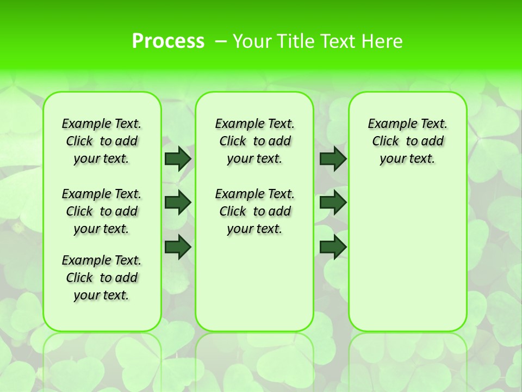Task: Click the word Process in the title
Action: (168, 41)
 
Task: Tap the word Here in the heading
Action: (383, 41)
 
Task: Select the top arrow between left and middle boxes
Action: (178, 158)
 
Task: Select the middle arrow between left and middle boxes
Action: (178, 203)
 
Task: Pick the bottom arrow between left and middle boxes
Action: (178, 247)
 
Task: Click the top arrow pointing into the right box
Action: (333, 158)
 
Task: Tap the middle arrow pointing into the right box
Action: (333, 203)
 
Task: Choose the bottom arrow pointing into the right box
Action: (333, 247)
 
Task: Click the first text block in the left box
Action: (102, 141)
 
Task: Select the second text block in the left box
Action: (102, 211)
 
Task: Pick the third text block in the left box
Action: (102, 278)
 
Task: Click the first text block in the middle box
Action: (255, 141)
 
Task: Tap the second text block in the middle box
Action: (255, 211)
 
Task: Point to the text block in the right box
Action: (408, 141)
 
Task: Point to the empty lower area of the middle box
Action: (254, 283)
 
